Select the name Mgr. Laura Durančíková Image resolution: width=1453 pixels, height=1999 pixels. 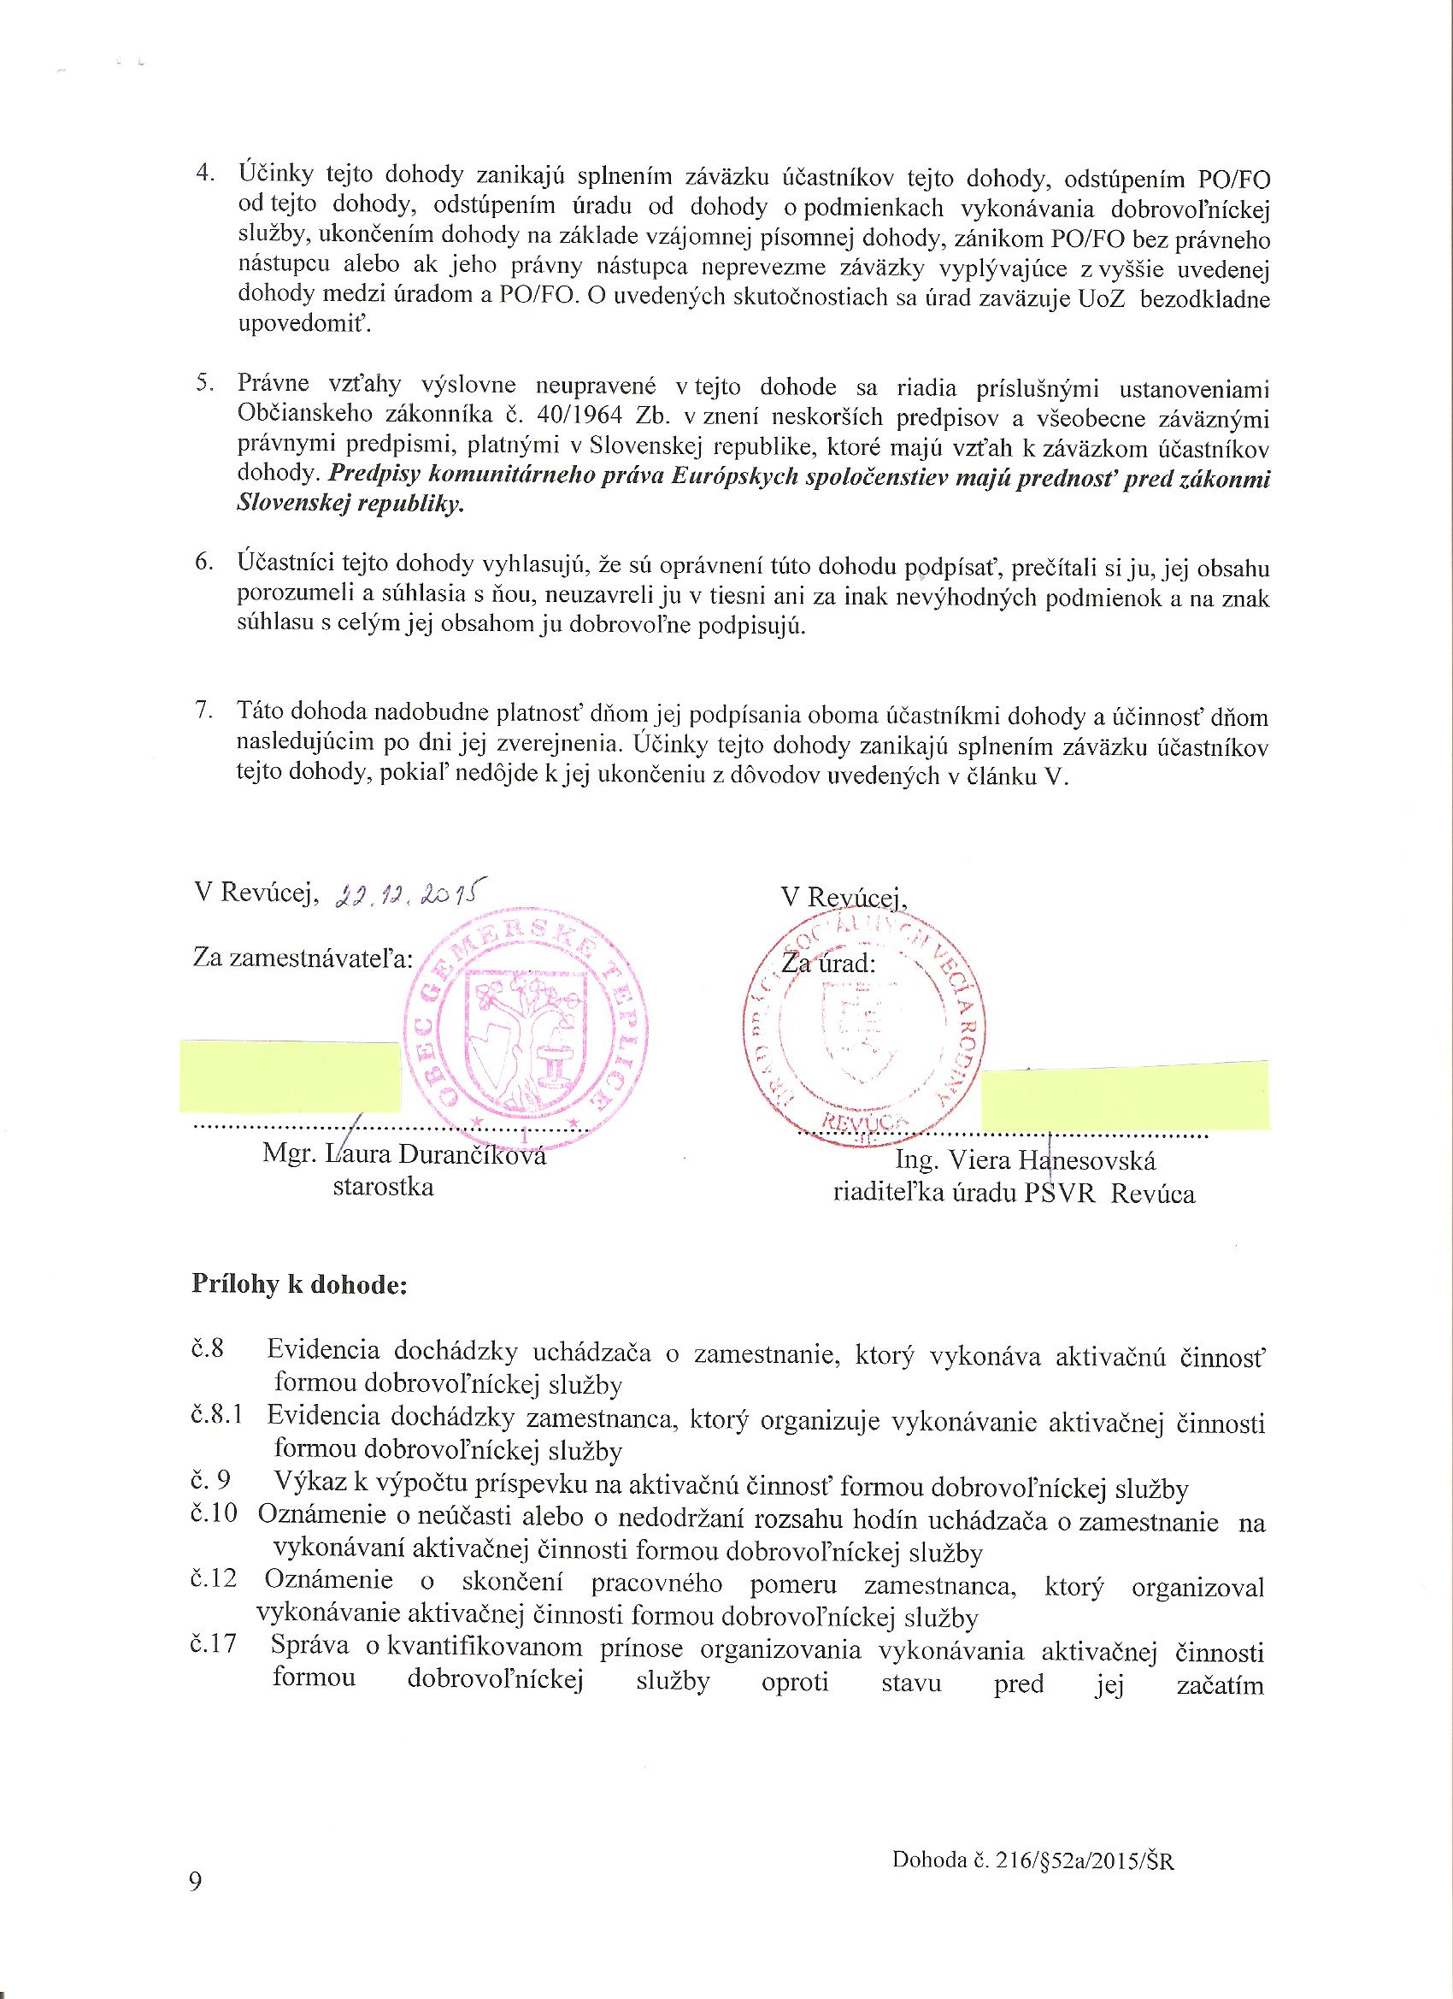[404, 1154]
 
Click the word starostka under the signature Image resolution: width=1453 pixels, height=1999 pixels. [383, 1187]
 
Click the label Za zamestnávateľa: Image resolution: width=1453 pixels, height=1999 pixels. [303, 958]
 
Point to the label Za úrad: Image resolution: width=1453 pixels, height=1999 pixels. [828, 964]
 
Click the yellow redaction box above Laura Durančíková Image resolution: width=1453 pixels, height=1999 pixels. [289, 1076]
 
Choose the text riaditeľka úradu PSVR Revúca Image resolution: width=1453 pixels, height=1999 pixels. [1014, 1194]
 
